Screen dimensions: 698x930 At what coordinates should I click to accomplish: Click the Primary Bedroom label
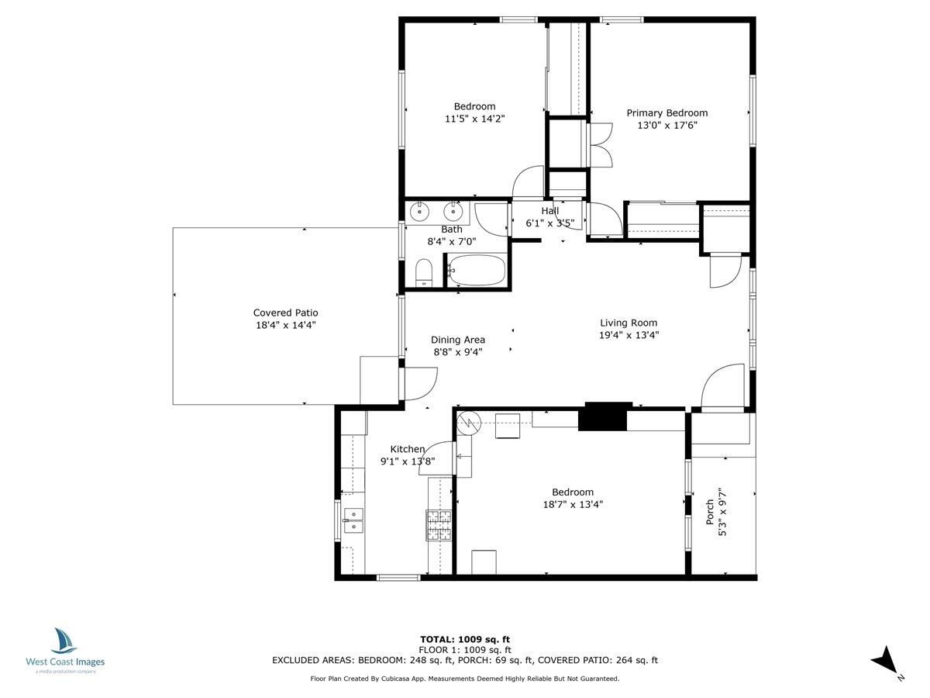coord(666,113)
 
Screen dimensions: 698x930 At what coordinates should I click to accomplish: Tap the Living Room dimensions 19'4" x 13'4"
coord(629,336)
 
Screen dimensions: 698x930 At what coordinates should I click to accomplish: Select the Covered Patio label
coord(286,313)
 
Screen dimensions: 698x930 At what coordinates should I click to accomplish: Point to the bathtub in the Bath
coord(477,271)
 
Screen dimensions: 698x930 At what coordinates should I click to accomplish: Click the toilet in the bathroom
coord(423,272)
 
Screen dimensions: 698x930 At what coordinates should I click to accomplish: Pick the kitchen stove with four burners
coord(439,526)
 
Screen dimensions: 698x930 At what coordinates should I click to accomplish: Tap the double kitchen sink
coord(353,520)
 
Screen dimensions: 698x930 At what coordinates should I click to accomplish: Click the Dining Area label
coord(458,340)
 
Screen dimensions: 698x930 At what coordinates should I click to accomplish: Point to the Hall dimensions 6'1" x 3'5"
coord(549,223)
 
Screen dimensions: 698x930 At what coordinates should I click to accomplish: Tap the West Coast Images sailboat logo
coord(64,641)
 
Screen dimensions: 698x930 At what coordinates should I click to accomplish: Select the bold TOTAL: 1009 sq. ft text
coord(464,639)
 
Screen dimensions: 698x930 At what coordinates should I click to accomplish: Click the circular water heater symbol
coord(469,423)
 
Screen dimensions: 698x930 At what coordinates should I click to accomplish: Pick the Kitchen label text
coord(407,449)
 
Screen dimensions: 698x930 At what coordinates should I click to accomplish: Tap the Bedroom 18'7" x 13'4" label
coord(573,498)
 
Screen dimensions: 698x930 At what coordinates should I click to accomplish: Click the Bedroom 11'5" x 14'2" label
coord(474,112)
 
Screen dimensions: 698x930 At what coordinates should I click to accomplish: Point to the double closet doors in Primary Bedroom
coord(601,144)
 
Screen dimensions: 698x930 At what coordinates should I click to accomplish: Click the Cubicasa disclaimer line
coord(464,679)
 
